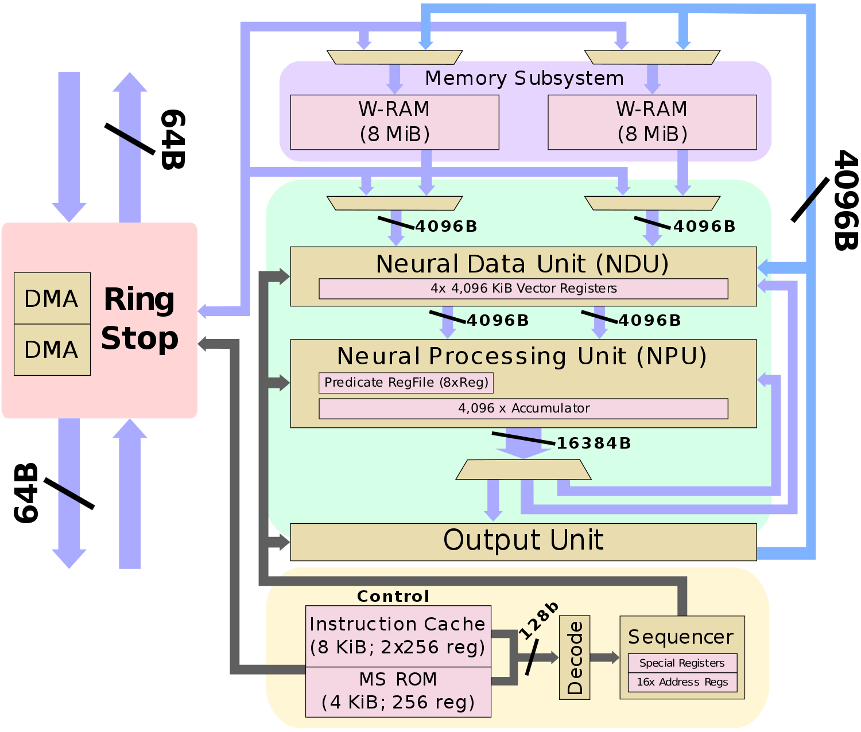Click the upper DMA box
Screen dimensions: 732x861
click(52, 298)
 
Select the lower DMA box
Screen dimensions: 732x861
click(52, 349)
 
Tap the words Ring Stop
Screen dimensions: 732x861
click(139, 319)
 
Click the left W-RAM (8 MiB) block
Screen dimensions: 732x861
click(394, 122)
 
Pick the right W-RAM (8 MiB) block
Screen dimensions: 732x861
click(652, 122)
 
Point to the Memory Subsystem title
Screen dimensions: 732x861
click(524, 78)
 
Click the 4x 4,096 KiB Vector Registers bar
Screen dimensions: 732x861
click(523, 289)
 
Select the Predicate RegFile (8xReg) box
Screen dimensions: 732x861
click(406, 383)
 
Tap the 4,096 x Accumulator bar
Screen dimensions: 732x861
click(523, 408)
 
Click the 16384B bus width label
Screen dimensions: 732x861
click(594, 443)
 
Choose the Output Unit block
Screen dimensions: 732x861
click(523, 541)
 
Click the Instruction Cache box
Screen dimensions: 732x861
click(398, 636)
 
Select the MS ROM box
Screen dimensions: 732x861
click(398, 691)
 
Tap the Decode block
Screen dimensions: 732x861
click(574, 657)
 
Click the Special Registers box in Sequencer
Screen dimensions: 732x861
click(682, 663)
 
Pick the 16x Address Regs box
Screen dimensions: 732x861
click(682, 682)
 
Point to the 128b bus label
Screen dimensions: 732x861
click(538, 621)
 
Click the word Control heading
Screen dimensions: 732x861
click(393, 597)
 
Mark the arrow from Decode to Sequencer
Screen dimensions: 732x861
click(604, 657)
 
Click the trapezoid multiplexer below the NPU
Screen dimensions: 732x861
click(523, 470)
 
